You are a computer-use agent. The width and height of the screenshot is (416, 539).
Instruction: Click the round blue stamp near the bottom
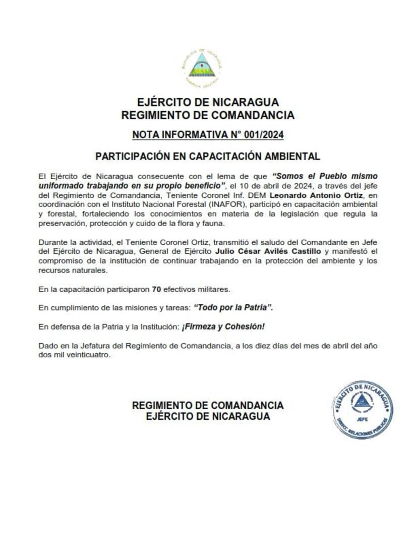(363, 409)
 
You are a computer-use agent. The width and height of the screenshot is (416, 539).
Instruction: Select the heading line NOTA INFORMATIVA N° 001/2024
(208, 135)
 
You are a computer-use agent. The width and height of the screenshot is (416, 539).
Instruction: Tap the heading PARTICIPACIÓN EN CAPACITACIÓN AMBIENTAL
(208, 156)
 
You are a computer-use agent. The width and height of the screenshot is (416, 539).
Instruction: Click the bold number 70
(156, 289)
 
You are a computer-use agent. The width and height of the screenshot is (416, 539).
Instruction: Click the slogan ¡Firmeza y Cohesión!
(223, 327)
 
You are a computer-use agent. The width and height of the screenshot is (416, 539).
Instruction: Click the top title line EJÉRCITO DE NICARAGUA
(208, 103)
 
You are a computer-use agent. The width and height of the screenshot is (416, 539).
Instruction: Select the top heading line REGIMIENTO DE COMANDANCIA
(208, 116)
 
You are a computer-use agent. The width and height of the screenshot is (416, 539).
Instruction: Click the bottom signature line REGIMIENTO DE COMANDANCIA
(208, 405)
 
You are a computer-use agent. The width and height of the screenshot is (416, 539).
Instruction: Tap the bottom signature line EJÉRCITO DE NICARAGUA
(208, 416)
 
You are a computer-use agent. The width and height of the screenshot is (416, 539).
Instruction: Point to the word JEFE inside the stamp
(362, 418)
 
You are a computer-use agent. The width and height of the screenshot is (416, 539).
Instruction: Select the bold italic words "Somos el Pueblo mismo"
(325, 177)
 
